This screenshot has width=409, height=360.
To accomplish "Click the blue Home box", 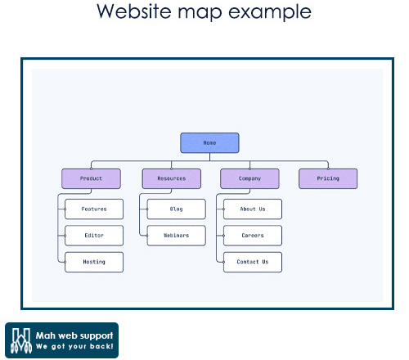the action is (x=209, y=143).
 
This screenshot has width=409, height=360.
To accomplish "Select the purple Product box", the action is (x=91, y=178).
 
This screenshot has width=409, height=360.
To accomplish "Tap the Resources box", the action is (x=172, y=178).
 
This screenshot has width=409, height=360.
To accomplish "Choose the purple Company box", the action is (x=249, y=178).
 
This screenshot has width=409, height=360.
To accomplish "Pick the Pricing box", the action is (x=328, y=178).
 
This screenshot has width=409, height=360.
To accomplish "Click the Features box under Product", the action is (x=94, y=209).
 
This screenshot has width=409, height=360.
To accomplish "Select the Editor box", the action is (x=94, y=236).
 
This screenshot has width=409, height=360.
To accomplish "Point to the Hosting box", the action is (x=94, y=262).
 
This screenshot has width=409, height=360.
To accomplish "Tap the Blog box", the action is (x=177, y=209).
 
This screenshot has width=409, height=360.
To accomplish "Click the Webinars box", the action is (x=177, y=236).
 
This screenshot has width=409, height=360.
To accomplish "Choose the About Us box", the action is (x=253, y=209).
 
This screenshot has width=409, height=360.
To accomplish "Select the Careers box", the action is (x=253, y=236).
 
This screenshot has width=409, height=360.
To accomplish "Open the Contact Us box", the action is (x=253, y=262).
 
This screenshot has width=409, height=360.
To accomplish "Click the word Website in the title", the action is (x=134, y=11).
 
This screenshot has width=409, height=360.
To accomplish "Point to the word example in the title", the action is (x=270, y=12).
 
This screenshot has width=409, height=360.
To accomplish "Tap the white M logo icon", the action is (x=21, y=340).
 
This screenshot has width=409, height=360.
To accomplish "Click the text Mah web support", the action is (x=74, y=335).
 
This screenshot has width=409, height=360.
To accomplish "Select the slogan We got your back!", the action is (x=74, y=346).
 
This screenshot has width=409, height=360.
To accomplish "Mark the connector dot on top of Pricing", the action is (x=328, y=169).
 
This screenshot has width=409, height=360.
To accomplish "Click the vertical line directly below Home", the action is (x=209, y=157).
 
